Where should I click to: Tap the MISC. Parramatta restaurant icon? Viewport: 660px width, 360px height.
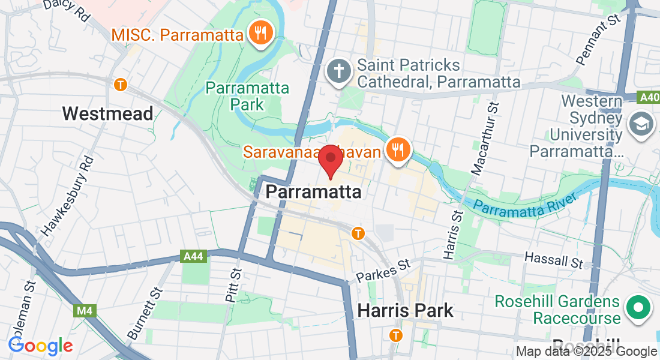click(261, 32)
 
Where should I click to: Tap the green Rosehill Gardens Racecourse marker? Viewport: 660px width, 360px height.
click(638, 309)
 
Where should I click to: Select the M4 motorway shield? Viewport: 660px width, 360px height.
click(83, 311)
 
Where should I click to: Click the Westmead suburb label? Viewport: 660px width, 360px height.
click(108, 113)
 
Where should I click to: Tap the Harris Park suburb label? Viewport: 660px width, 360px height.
click(406, 311)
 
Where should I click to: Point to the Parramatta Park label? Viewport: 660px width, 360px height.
click(247, 96)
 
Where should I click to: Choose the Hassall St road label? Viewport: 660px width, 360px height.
click(553, 260)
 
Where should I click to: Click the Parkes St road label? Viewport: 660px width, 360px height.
click(383, 271)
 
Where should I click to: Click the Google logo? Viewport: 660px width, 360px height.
click(40, 346)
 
